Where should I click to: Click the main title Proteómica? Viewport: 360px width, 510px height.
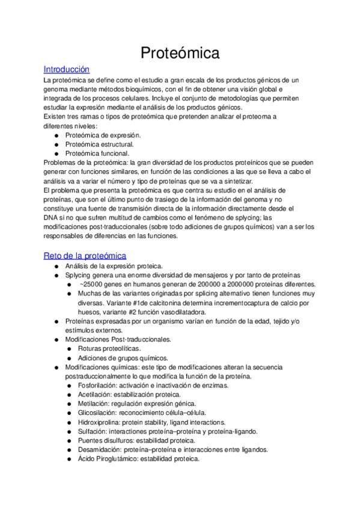[x=180, y=53]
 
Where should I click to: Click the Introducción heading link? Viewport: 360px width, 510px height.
[x=67, y=69]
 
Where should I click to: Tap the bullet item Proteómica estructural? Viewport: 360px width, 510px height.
[x=99, y=144]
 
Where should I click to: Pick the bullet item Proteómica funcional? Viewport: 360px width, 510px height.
[x=97, y=153]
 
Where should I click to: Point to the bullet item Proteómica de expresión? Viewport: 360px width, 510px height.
[x=103, y=135]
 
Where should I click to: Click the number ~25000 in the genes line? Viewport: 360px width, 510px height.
[x=93, y=284]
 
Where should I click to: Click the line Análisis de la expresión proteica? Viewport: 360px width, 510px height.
[x=117, y=266]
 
